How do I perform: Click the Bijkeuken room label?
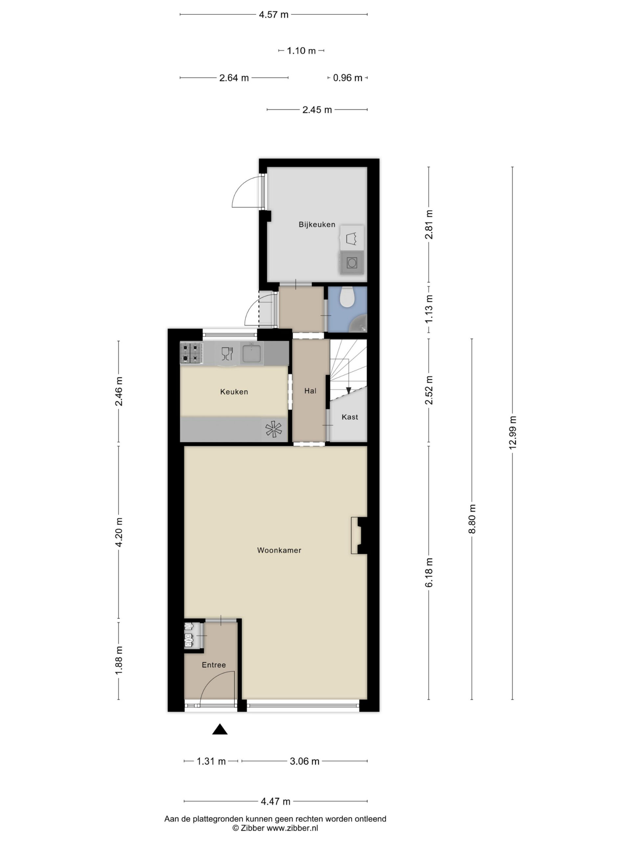pos(316,225)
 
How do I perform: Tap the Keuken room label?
pos(234,392)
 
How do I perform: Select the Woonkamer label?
pos(279,550)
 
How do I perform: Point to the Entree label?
pos(214,665)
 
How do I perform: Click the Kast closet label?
pos(350,417)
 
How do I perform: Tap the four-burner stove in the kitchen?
pos(191,353)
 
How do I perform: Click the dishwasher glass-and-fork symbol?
pos(227,354)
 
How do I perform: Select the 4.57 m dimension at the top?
pos(273,14)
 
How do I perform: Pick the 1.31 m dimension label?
pos(211,761)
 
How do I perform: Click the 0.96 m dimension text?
pos(347,78)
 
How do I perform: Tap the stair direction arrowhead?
pos(348,390)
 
